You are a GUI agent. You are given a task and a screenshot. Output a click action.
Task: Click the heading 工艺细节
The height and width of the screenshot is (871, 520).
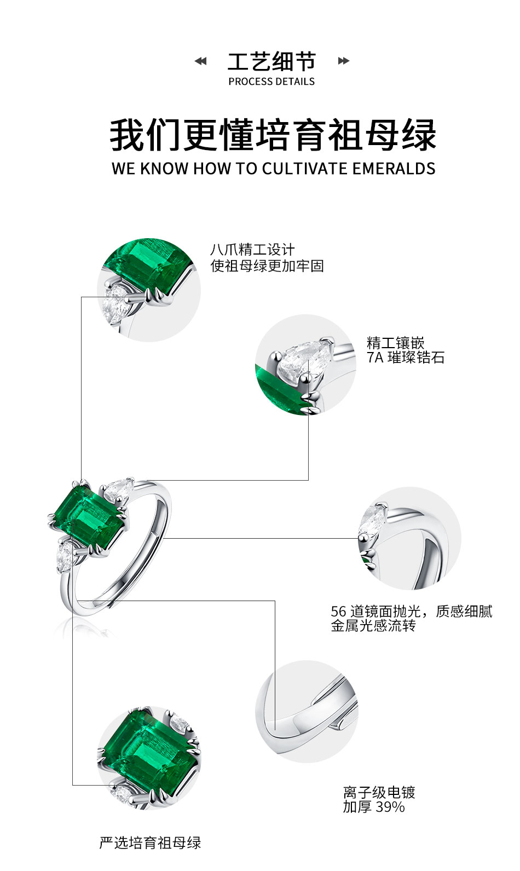click(271, 61)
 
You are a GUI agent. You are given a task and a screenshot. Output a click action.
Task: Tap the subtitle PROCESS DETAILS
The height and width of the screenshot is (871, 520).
click(271, 82)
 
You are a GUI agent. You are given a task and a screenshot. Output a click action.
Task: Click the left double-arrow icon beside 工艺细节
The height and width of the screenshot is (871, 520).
click(201, 61)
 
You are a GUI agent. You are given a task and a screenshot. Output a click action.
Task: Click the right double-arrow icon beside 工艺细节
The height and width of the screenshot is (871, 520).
click(343, 61)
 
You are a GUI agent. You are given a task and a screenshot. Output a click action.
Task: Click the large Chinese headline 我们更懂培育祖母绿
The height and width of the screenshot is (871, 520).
click(273, 135)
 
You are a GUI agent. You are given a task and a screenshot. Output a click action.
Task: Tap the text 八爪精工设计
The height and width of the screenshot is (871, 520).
click(252, 250)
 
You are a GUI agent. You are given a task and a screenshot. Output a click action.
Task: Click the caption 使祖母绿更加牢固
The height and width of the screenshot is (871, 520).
click(267, 266)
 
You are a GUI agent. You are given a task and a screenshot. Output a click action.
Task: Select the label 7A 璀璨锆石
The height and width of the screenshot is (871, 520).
click(405, 358)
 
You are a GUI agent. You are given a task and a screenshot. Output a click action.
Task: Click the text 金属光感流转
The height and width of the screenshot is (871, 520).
click(373, 626)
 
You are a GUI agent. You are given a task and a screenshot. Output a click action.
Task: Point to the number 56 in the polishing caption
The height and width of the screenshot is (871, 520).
click(338, 611)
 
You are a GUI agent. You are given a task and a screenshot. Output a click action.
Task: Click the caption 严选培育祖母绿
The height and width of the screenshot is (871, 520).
click(150, 843)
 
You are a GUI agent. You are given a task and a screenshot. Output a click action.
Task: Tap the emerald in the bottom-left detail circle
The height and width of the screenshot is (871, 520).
click(145, 750)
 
